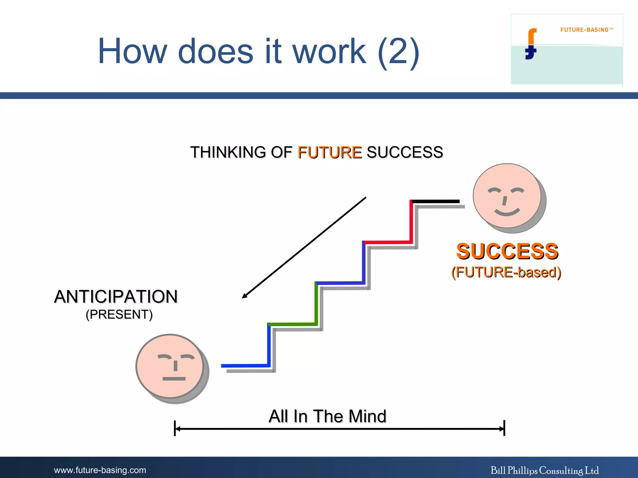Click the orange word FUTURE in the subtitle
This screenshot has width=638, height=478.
pyautogui.click(x=330, y=152)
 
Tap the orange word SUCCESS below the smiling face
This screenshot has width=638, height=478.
pyautogui.click(x=507, y=251)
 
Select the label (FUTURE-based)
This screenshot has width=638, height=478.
pyautogui.click(x=506, y=272)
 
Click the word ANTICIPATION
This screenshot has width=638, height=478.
pyautogui.click(x=116, y=297)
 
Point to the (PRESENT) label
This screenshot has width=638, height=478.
pyautogui.click(x=119, y=315)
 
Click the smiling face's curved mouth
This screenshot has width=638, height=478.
pyautogui.click(x=507, y=213)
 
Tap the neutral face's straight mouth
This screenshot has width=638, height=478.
pyautogui.click(x=174, y=379)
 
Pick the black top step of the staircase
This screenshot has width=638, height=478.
pyautogui.click(x=436, y=201)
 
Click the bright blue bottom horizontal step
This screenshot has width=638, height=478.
pyautogui.click(x=245, y=366)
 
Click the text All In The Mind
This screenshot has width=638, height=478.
pyautogui.click(x=327, y=416)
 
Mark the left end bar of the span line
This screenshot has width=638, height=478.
pyautogui.click(x=175, y=429)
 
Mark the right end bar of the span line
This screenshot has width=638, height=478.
pyautogui.click(x=504, y=429)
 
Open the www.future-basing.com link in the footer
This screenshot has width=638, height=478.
pyautogui.click(x=100, y=470)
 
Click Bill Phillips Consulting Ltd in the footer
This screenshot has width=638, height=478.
pyautogui.click(x=545, y=470)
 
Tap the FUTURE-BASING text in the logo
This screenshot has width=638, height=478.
pyautogui.click(x=584, y=30)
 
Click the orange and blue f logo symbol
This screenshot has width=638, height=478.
pyautogui.click(x=531, y=44)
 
